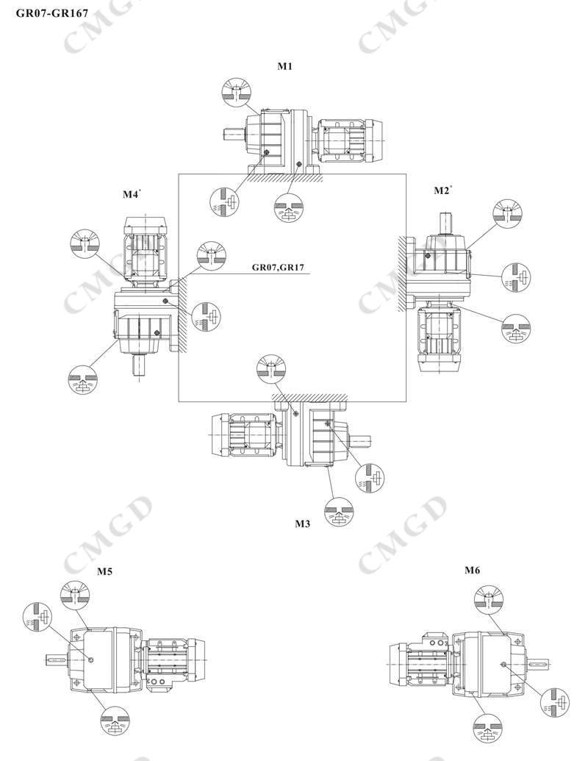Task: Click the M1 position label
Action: click(x=285, y=66)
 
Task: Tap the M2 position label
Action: click(x=442, y=191)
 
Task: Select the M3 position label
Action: click(x=302, y=524)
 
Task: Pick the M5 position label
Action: click(x=105, y=570)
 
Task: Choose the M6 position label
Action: click(x=472, y=570)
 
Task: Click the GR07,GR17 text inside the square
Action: click(x=278, y=268)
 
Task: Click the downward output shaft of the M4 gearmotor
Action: click(x=137, y=365)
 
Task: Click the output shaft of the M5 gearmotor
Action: click(x=58, y=660)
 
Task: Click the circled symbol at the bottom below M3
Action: click(x=338, y=512)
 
